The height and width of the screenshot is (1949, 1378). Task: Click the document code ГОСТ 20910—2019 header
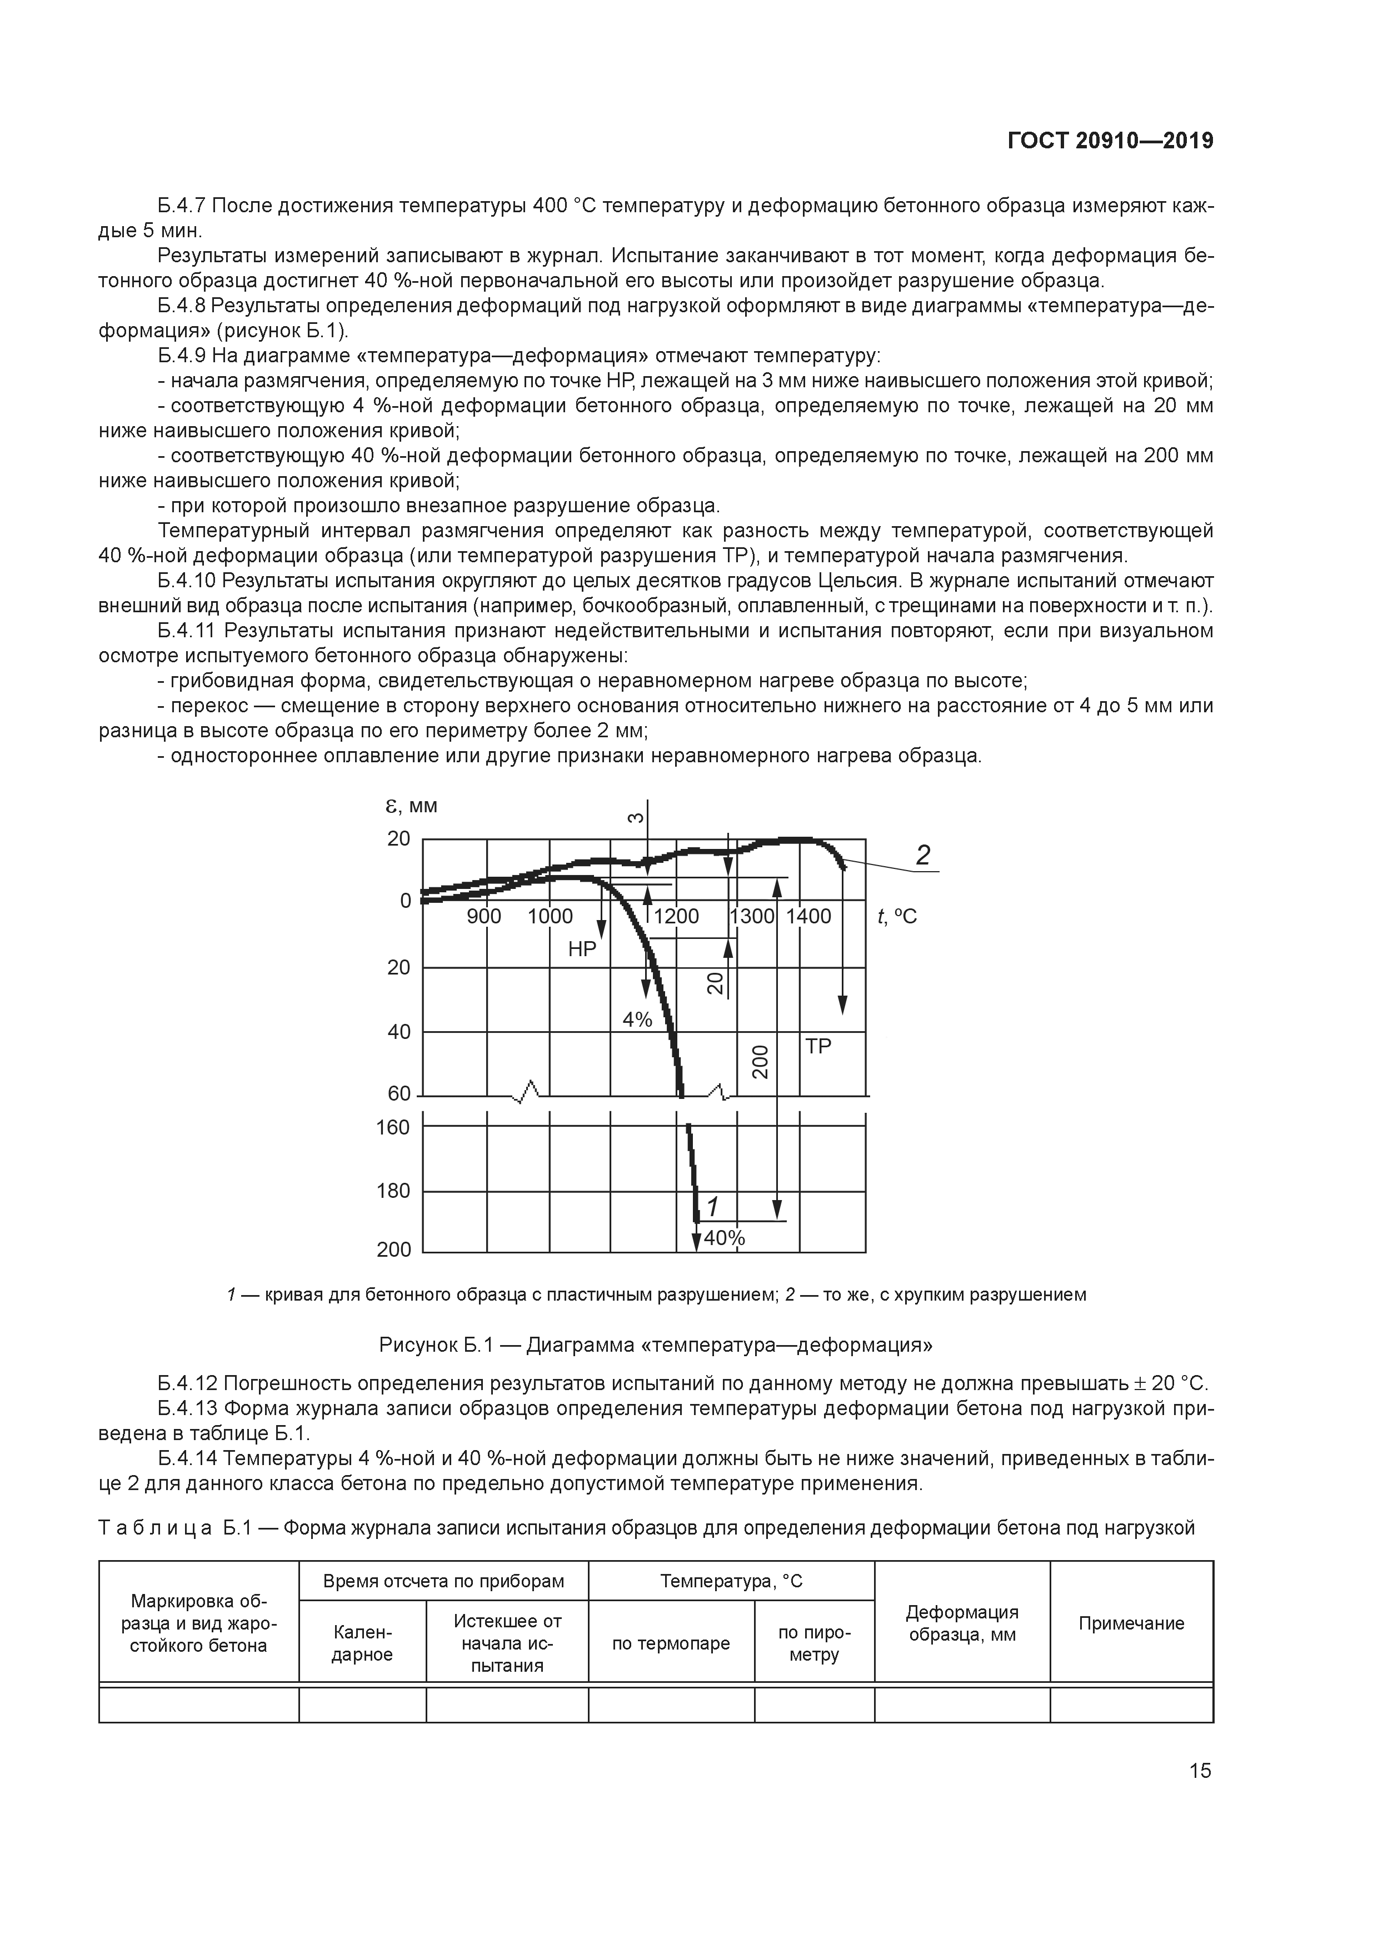coord(1110,141)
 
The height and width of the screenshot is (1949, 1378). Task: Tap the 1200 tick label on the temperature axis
coord(677,917)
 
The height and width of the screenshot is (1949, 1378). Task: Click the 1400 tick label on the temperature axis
coord(808,917)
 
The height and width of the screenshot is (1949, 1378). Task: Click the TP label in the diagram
coord(818,1047)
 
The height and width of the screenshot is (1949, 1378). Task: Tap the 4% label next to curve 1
coord(637,1020)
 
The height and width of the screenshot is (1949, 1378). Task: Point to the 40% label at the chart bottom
coord(724,1238)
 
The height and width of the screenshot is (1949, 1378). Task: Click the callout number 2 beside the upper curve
coord(923,855)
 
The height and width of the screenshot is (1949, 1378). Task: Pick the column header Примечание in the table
coord(1131,1623)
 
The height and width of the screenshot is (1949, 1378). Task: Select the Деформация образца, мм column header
coord(962,1623)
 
